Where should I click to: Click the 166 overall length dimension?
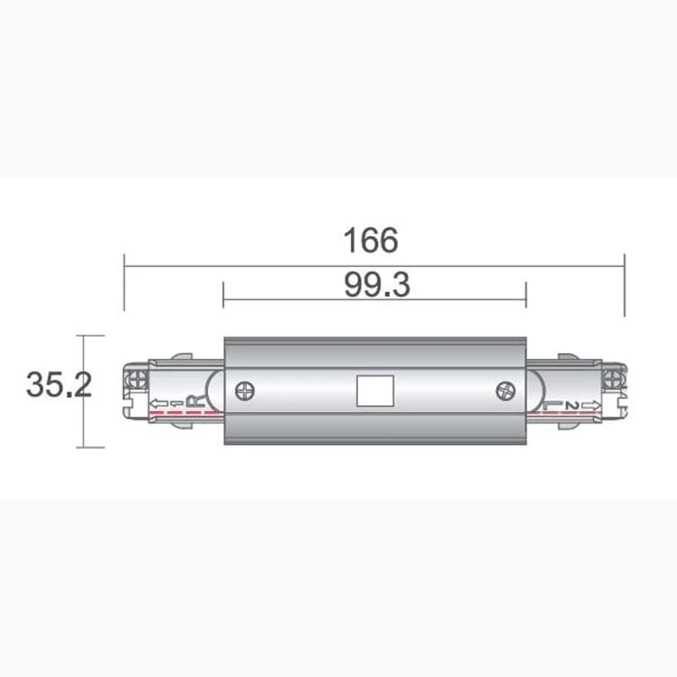coord(371,240)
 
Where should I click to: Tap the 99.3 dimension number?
coord(376,284)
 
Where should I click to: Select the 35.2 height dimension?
coord(59,385)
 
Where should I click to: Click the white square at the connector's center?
coord(372,391)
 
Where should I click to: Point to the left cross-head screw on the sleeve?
coord(246,391)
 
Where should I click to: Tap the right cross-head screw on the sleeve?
coord(504,391)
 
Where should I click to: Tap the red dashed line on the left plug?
coord(179,413)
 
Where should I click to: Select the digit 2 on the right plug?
coord(573,405)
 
